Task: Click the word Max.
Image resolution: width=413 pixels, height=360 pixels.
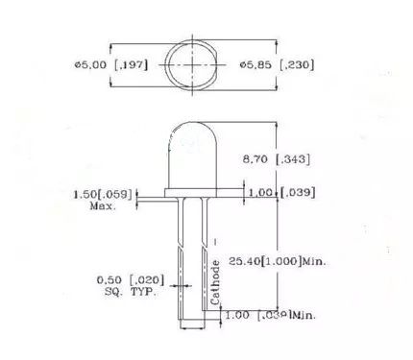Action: (103, 205)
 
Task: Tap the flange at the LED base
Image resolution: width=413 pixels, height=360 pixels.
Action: (201, 195)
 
